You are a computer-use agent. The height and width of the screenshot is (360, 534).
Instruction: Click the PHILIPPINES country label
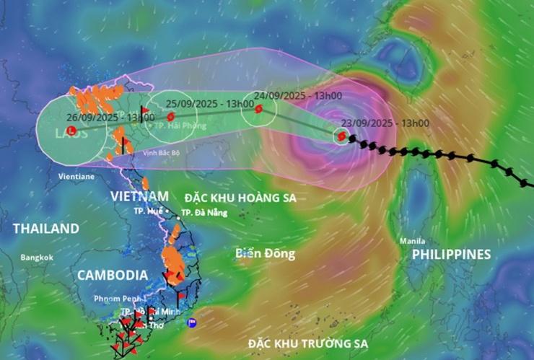point(451,255)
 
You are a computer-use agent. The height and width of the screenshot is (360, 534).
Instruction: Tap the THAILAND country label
point(45,229)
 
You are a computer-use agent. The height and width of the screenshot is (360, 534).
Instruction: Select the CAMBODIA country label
point(113,275)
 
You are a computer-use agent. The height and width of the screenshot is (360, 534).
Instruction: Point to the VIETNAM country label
point(140,196)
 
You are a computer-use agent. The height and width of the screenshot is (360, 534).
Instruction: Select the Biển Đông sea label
point(265,254)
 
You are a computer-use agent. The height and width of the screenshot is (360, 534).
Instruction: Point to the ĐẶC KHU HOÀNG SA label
point(240,197)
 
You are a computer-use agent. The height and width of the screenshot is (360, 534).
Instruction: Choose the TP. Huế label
point(148,211)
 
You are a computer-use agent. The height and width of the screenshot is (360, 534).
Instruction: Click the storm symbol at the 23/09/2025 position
point(341,135)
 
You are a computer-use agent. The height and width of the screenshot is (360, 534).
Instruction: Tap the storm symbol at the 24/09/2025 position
point(258,109)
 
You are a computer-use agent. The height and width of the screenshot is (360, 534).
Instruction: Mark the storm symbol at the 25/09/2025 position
point(170,116)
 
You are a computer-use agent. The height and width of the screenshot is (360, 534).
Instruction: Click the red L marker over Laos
point(70,131)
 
